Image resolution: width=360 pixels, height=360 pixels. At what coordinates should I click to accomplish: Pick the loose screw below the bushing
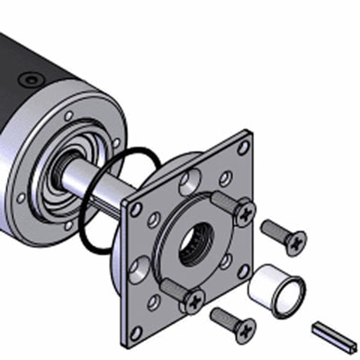(x=233, y=321)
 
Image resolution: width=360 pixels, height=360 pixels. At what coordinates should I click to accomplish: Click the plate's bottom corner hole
(x=135, y=333)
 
